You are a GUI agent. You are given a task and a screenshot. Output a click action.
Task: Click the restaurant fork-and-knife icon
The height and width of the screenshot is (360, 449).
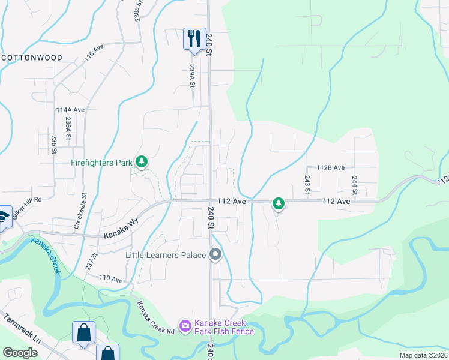(x=194, y=38)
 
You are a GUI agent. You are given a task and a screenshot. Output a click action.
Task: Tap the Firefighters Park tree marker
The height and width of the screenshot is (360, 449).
(x=142, y=161)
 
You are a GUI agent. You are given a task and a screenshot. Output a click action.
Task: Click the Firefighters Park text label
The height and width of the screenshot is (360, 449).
(x=101, y=162)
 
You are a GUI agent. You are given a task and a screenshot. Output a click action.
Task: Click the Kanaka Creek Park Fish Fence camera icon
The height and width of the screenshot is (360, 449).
(x=185, y=326)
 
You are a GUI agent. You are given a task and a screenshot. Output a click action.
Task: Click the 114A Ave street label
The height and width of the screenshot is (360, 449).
(x=70, y=110)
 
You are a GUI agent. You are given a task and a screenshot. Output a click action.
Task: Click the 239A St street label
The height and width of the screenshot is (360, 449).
(x=193, y=76)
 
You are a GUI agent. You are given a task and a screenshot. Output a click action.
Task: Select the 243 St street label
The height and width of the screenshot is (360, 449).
(x=307, y=184)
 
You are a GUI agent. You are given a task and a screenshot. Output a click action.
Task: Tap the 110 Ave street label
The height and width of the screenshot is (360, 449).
(x=110, y=279)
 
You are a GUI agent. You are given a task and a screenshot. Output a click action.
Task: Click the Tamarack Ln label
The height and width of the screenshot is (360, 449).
(x=22, y=329)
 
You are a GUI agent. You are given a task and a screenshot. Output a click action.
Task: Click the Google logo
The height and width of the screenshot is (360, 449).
(x=20, y=352)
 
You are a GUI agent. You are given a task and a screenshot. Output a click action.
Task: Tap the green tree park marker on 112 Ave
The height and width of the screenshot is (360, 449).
(x=278, y=204)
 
